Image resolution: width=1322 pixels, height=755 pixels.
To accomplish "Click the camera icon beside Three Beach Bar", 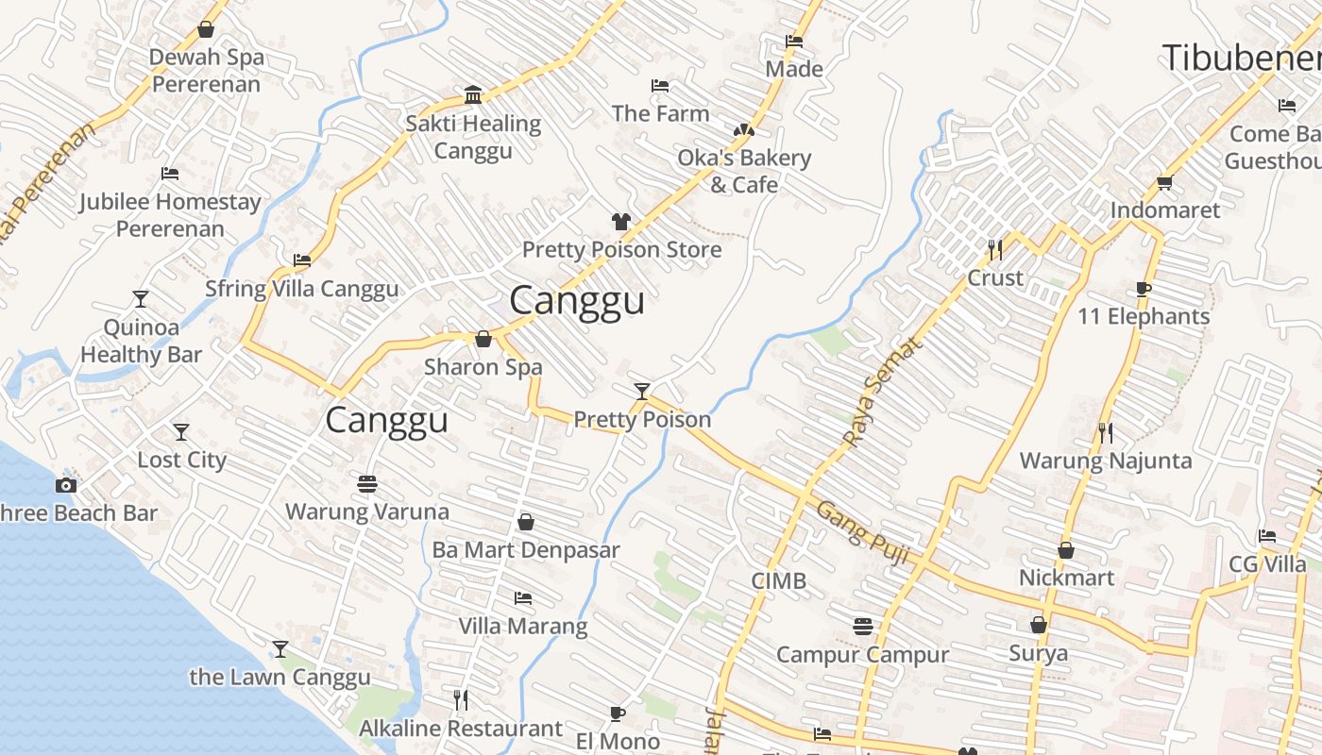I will pyautogui.click(x=65, y=485).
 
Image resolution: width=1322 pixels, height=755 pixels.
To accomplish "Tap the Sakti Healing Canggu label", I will pyautogui.click(x=473, y=137).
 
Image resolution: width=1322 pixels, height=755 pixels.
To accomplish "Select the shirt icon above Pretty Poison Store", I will pyautogui.click(x=620, y=222).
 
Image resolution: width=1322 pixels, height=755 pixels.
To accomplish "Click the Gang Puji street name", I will pyautogui.click(x=862, y=534).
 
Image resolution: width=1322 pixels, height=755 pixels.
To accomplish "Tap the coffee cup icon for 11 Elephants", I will pyautogui.click(x=1144, y=289).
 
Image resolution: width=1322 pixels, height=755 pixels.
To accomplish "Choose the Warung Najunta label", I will pyautogui.click(x=1106, y=461).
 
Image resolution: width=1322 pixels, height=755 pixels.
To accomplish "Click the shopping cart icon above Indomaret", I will pyautogui.click(x=1164, y=182).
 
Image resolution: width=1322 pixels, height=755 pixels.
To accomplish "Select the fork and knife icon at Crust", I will pyautogui.click(x=995, y=250).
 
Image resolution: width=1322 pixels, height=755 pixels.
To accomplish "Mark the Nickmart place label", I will pyautogui.click(x=1066, y=577).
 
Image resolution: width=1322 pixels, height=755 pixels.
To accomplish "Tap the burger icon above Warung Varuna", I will pyautogui.click(x=367, y=484).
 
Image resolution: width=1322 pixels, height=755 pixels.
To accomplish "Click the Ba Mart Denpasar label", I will pyautogui.click(x=526, y=549).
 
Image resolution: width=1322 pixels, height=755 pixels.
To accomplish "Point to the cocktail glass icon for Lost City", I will pyautogui.click(x=181, y=432).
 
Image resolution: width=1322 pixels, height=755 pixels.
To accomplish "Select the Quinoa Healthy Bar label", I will pyautogui.click(x=141, y=341).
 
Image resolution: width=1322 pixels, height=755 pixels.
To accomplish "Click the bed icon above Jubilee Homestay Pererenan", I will pyautogui.click(x=170, y=174).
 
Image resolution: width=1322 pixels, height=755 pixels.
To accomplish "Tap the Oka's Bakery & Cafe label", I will pyautogui.click(x=744, y=171).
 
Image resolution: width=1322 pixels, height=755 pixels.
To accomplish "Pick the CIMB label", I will pyautogui.click(x=779, y=580).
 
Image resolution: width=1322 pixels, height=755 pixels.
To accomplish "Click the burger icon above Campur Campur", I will pyautogui.click(x=862, y=627).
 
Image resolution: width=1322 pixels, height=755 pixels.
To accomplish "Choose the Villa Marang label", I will pyautogui.click(x=522, y=626).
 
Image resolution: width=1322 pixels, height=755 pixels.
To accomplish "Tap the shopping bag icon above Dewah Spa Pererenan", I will pyautogui.click(x=206, y=30).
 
